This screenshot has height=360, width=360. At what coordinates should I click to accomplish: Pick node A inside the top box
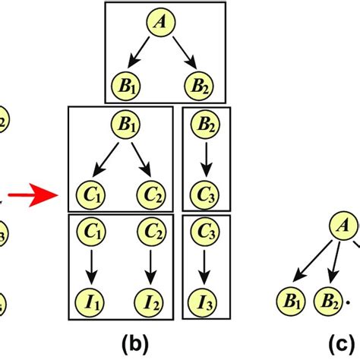[160, 24]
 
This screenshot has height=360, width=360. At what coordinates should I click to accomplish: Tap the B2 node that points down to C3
[203, 124]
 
